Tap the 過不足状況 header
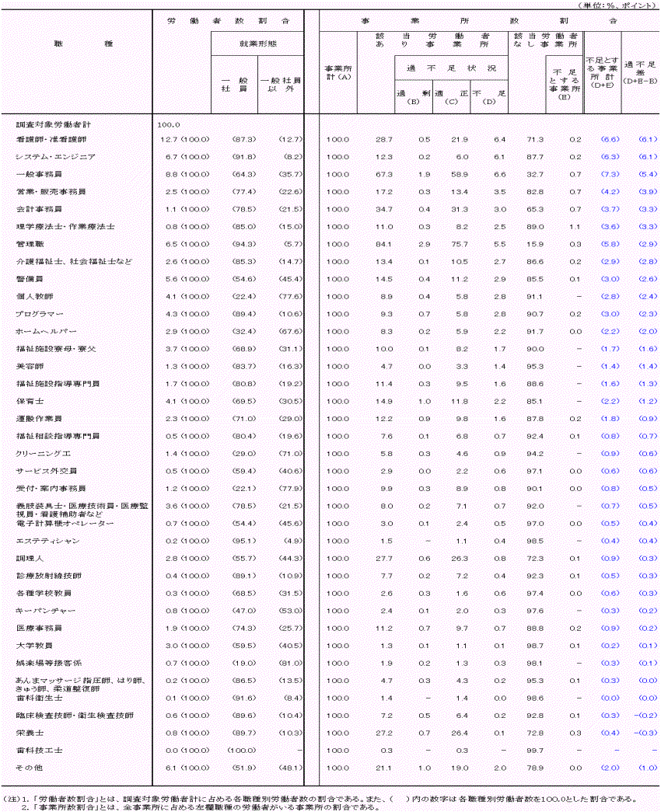452,68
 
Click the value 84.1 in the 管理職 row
384,244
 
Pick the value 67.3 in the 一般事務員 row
384,174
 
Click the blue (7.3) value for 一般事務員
609,174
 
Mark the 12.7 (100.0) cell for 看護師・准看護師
181,139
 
